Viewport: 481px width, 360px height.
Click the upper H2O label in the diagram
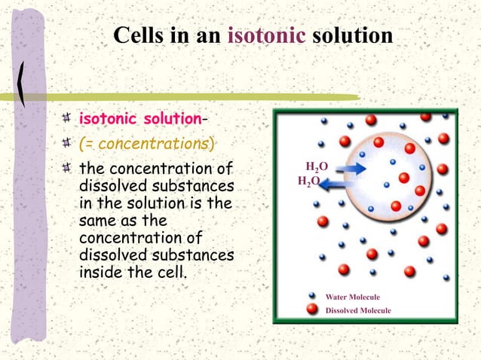[317, 166]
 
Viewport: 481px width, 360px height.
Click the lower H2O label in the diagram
[308, 182]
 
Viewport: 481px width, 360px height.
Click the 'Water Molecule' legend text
[352, 297]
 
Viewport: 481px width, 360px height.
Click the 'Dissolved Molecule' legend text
[357, 310]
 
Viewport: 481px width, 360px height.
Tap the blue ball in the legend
[311, 297]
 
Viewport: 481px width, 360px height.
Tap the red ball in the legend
[311, 310]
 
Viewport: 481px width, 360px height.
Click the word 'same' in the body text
[98, 221]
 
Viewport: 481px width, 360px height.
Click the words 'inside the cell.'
[132, 272]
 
